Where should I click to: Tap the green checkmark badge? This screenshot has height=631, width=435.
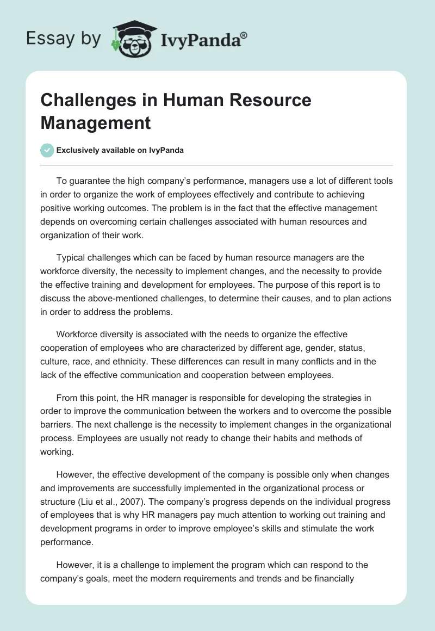47,151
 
